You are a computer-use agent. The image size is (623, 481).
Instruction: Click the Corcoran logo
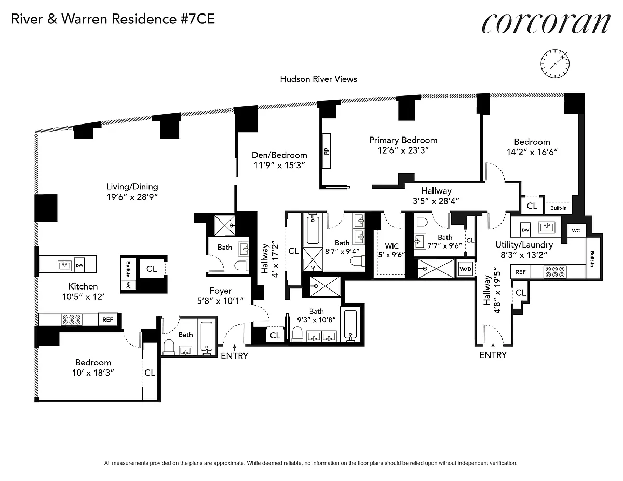pyautogui.click(x=546, y=22)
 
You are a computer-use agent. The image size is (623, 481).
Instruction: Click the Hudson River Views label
pyautogui.click(x=318, y=79)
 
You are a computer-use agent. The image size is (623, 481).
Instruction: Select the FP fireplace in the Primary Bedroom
pyautogui.click(x=327, y=151)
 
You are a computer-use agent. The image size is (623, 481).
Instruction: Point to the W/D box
pyautogui.click(x=464, y=269)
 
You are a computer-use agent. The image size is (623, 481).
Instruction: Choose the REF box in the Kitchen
pyautogui.click(x=107, y=319)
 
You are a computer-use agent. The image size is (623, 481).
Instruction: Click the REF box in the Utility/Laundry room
pyautogui.click(x=520, y=271)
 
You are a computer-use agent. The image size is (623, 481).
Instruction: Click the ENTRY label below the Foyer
pyautogui.click(x=235, y=356)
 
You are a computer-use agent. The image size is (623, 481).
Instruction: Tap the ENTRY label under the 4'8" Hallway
pyautogui.click(x=492, y=355)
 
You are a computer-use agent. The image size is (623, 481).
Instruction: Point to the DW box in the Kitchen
pyautogui.click(x=79, y=265)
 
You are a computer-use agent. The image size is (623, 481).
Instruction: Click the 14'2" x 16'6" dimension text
pyautogui.click(x=532, y=153)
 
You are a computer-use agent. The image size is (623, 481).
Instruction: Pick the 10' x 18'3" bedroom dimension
pyautogui.click(x=92, y=373)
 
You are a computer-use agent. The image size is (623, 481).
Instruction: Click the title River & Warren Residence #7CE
pyautogui.click(x=113, y=20)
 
